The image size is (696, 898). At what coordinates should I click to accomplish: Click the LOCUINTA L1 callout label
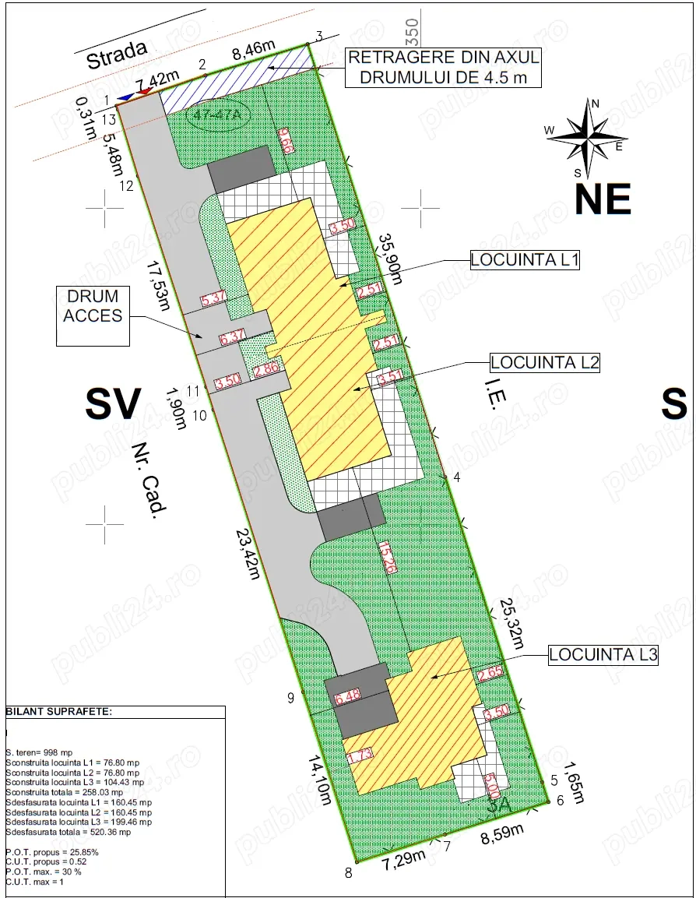(525, 260)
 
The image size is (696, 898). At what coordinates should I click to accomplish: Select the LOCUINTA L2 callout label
(545, 362)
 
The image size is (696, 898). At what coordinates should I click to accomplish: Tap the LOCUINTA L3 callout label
(603, 655)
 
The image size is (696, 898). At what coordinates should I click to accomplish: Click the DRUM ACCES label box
(93, 315)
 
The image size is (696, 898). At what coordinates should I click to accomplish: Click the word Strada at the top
(117, 55)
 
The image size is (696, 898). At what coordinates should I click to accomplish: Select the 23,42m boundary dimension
(248, 555)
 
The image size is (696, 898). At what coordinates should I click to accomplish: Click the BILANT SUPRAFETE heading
(59, 712)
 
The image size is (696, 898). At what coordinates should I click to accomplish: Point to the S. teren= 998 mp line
(39, 752)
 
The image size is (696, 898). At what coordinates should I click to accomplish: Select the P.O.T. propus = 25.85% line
(52, 852)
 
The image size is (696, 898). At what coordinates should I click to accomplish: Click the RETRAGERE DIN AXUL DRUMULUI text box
(443, 68)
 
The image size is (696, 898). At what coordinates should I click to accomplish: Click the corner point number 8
(349, 872)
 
